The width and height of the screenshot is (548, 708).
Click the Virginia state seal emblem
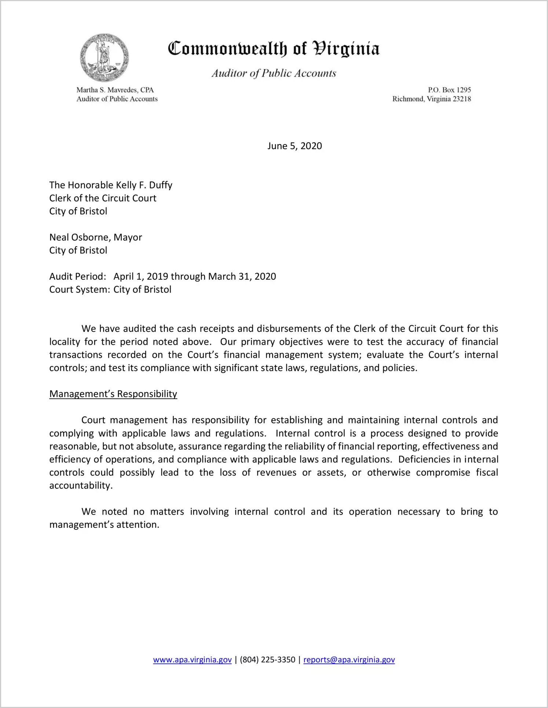coord(105,58)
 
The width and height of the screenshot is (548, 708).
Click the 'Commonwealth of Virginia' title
coord(274,49)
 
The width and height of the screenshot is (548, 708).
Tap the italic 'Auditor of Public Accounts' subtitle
coord(274,73)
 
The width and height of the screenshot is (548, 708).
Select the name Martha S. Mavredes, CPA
coord(115,90)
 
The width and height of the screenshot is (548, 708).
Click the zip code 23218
coord(461,99)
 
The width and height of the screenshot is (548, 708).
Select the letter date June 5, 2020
coord(295,146)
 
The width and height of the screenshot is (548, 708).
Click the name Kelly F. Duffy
coord(144,185)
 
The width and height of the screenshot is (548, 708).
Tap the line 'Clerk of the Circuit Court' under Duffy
coord(103,198)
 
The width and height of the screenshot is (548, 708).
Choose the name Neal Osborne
coord(79,238)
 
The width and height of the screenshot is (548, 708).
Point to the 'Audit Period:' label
coord(78,276)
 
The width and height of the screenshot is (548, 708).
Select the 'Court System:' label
coord(79,290)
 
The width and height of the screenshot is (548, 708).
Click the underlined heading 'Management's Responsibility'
coord(113,394)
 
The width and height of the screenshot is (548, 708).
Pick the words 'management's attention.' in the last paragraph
coord(104,525)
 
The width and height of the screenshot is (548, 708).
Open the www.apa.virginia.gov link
coord(192,660)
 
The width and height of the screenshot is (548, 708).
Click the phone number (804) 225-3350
coord(267,660)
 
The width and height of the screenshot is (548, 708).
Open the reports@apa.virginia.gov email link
coord(349,660)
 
